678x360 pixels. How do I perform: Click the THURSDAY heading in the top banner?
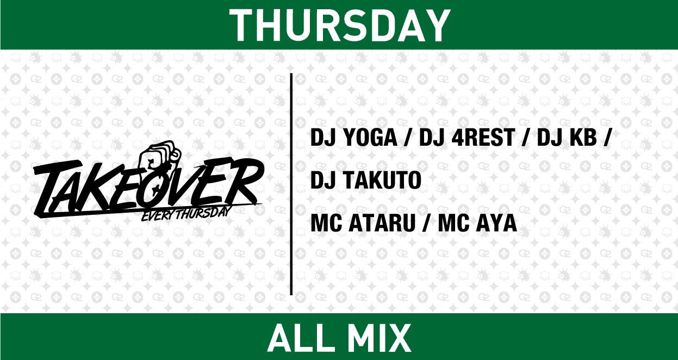[x=339, y=24]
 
